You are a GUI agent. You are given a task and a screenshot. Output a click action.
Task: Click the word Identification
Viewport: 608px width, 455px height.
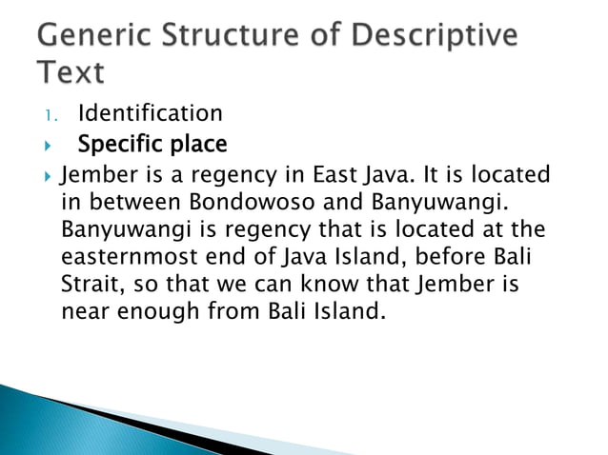click(x=151, y=114)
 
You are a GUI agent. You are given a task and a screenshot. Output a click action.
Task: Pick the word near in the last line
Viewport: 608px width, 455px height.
click(x=85, y=311)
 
